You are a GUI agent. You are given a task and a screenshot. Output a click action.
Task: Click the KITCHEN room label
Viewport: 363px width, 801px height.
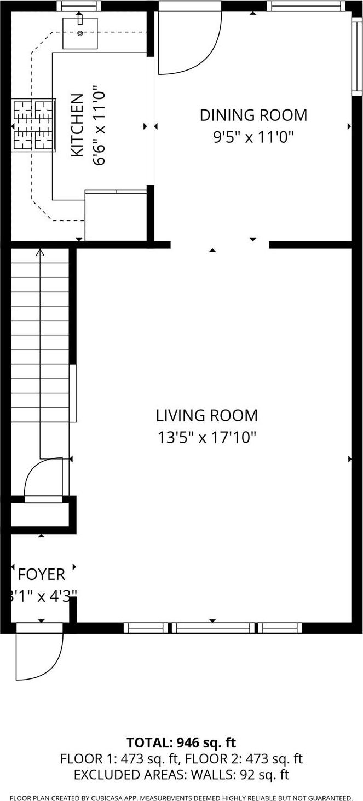click(78, 125)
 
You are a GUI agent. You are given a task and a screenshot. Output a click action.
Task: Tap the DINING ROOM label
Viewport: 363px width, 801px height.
click(253, 115)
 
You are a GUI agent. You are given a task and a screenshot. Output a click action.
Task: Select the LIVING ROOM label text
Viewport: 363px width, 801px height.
click(207, 415)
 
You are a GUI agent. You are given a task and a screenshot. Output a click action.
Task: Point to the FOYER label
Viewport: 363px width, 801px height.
click(42, 574)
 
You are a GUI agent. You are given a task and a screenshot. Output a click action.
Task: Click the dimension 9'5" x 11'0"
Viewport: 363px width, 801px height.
click(253, 136)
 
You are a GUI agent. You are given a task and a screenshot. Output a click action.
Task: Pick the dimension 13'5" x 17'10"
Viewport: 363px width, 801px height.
click(207, 438)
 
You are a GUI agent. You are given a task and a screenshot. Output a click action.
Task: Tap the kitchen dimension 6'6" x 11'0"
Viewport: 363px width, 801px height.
click(99, 125)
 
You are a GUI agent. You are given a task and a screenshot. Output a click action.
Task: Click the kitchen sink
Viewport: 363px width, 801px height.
click(80, 33)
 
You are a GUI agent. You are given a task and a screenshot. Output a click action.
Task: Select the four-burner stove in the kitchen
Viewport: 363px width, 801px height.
click(33, 125)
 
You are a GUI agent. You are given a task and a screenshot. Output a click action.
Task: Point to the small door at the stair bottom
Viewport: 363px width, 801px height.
click(44, 479)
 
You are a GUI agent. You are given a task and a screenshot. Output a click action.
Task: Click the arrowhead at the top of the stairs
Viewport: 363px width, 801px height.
click(39, 252)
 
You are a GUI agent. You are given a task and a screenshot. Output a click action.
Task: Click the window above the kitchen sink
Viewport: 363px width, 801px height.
click(79, 6)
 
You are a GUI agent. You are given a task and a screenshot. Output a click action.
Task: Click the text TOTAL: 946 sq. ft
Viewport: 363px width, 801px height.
click(181, 742)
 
